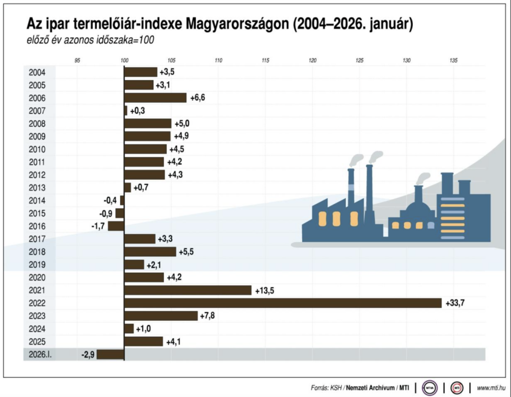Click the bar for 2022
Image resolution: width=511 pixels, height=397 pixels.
coord(282,303)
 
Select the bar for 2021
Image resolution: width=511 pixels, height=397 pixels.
coord(188,290)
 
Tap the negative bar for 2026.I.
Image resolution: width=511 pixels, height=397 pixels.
coord(110,355)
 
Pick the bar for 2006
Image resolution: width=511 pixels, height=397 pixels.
coord(155,98)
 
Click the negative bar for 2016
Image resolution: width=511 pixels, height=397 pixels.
coord(116,226)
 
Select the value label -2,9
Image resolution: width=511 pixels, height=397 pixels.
coord(88,355)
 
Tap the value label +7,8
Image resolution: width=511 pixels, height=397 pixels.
coord(208,316)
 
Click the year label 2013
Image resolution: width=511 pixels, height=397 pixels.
coord(37,188)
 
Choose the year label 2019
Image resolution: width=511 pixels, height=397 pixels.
coord(37,264)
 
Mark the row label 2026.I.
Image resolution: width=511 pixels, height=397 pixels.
coord(39,355)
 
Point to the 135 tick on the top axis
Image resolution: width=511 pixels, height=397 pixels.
coord(453,60)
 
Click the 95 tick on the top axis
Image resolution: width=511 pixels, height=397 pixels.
coord(77,60)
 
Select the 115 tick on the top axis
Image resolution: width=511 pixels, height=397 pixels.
coord(265,60)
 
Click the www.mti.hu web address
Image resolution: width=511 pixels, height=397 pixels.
coord(492,388)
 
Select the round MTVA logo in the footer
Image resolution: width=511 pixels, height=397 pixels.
coord(429,388)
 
